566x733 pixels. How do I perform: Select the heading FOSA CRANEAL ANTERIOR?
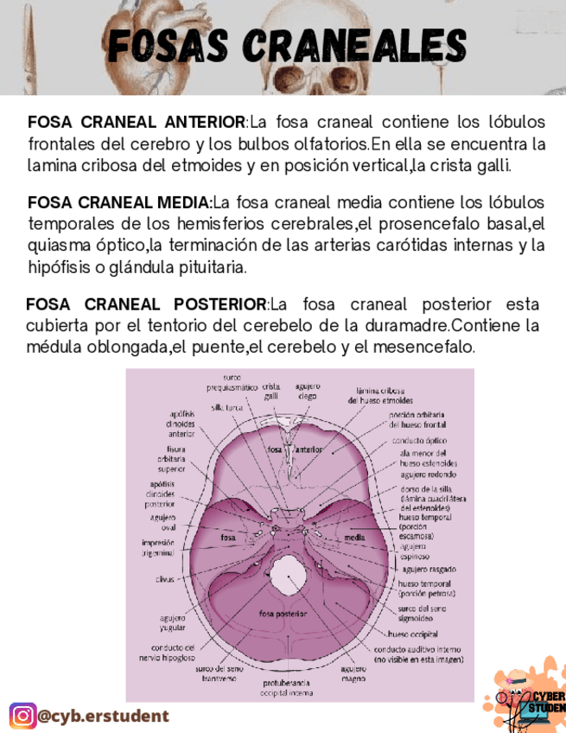click(x=137, y=121)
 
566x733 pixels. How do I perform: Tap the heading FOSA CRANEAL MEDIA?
click(x=119, y=203)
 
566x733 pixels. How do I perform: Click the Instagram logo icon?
click(x=22, y=716)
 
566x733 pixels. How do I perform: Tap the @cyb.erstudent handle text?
click(x=104, y=716)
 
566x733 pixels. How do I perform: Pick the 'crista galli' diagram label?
click(x=271, y=391)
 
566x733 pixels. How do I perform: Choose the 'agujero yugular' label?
click(x=172, y=623)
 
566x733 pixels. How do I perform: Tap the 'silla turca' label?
click(x=227, y=406)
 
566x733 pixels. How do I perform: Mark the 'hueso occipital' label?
click(x=417, y=634)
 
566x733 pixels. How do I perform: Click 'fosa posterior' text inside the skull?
click(x=283, y=614)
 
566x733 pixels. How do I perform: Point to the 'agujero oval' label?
click(x=163, y=521)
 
